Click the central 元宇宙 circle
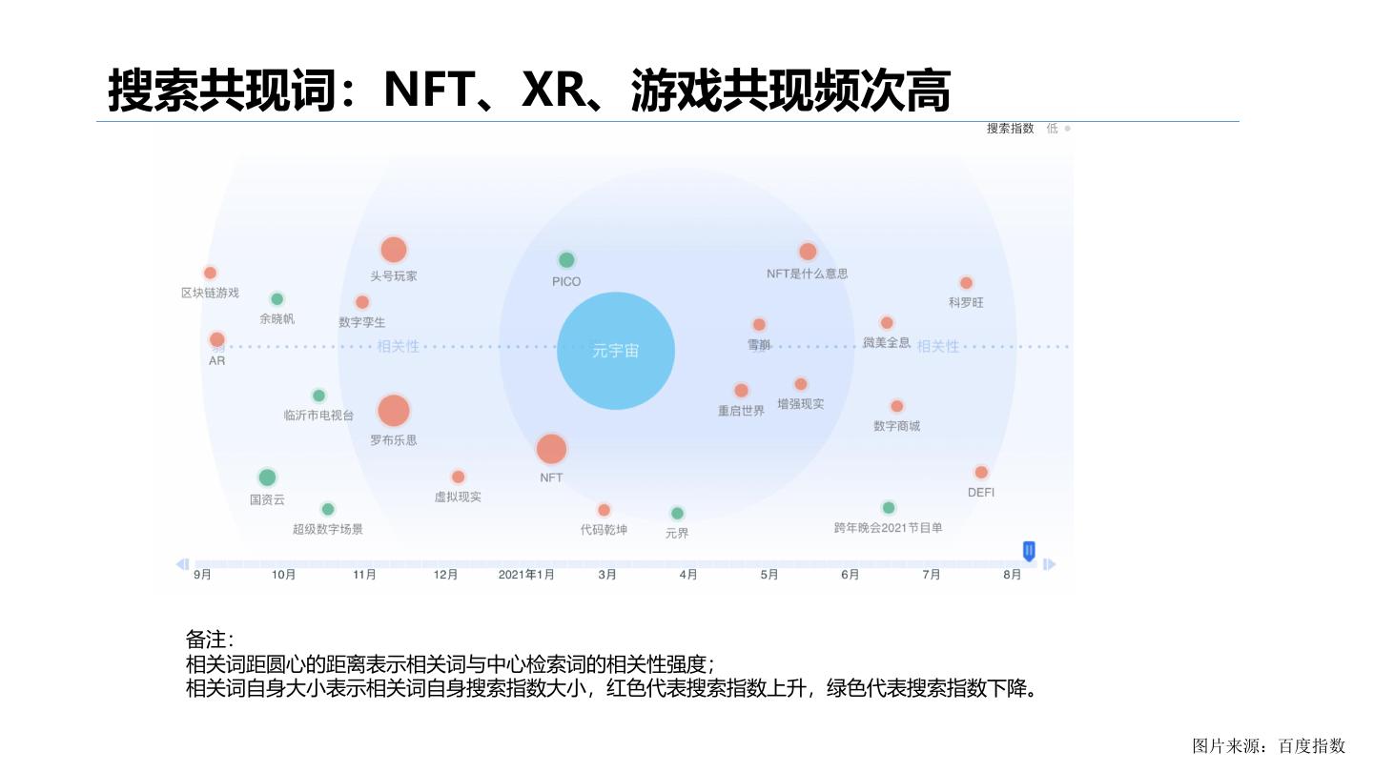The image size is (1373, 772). (x=615, y=351)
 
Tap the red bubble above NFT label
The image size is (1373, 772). (x=551, y=449)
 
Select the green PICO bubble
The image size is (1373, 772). (x=566, y=259)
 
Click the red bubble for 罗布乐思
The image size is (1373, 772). (x=393, y=411)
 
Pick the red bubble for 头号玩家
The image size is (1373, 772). (x=394, y=250)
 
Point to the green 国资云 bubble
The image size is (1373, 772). (x=267, y=477)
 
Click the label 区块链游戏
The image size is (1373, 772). (x=210, y=293)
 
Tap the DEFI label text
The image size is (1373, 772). (x=981, y=493)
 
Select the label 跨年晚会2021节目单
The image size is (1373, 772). (x=888, y=528)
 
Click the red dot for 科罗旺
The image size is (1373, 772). (x=966, y=283)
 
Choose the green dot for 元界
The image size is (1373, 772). (x=677, y=514)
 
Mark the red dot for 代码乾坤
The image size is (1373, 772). (x=604, y=510)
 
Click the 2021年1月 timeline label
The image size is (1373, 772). (x=526, y=575)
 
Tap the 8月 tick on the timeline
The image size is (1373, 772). (x=1013, y=575)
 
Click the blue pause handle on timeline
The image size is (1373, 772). (x=1029, y=550)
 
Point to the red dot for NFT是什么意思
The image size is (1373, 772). (x=808, y=252)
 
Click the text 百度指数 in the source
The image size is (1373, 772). (x=1312, y=745)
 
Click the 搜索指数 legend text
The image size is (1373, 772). (x=1011, y=129)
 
